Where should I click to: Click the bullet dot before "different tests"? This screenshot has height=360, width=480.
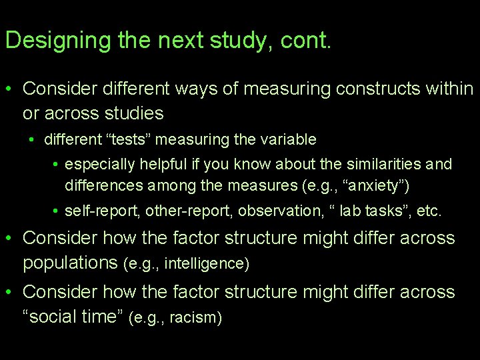[x=32, y=141]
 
